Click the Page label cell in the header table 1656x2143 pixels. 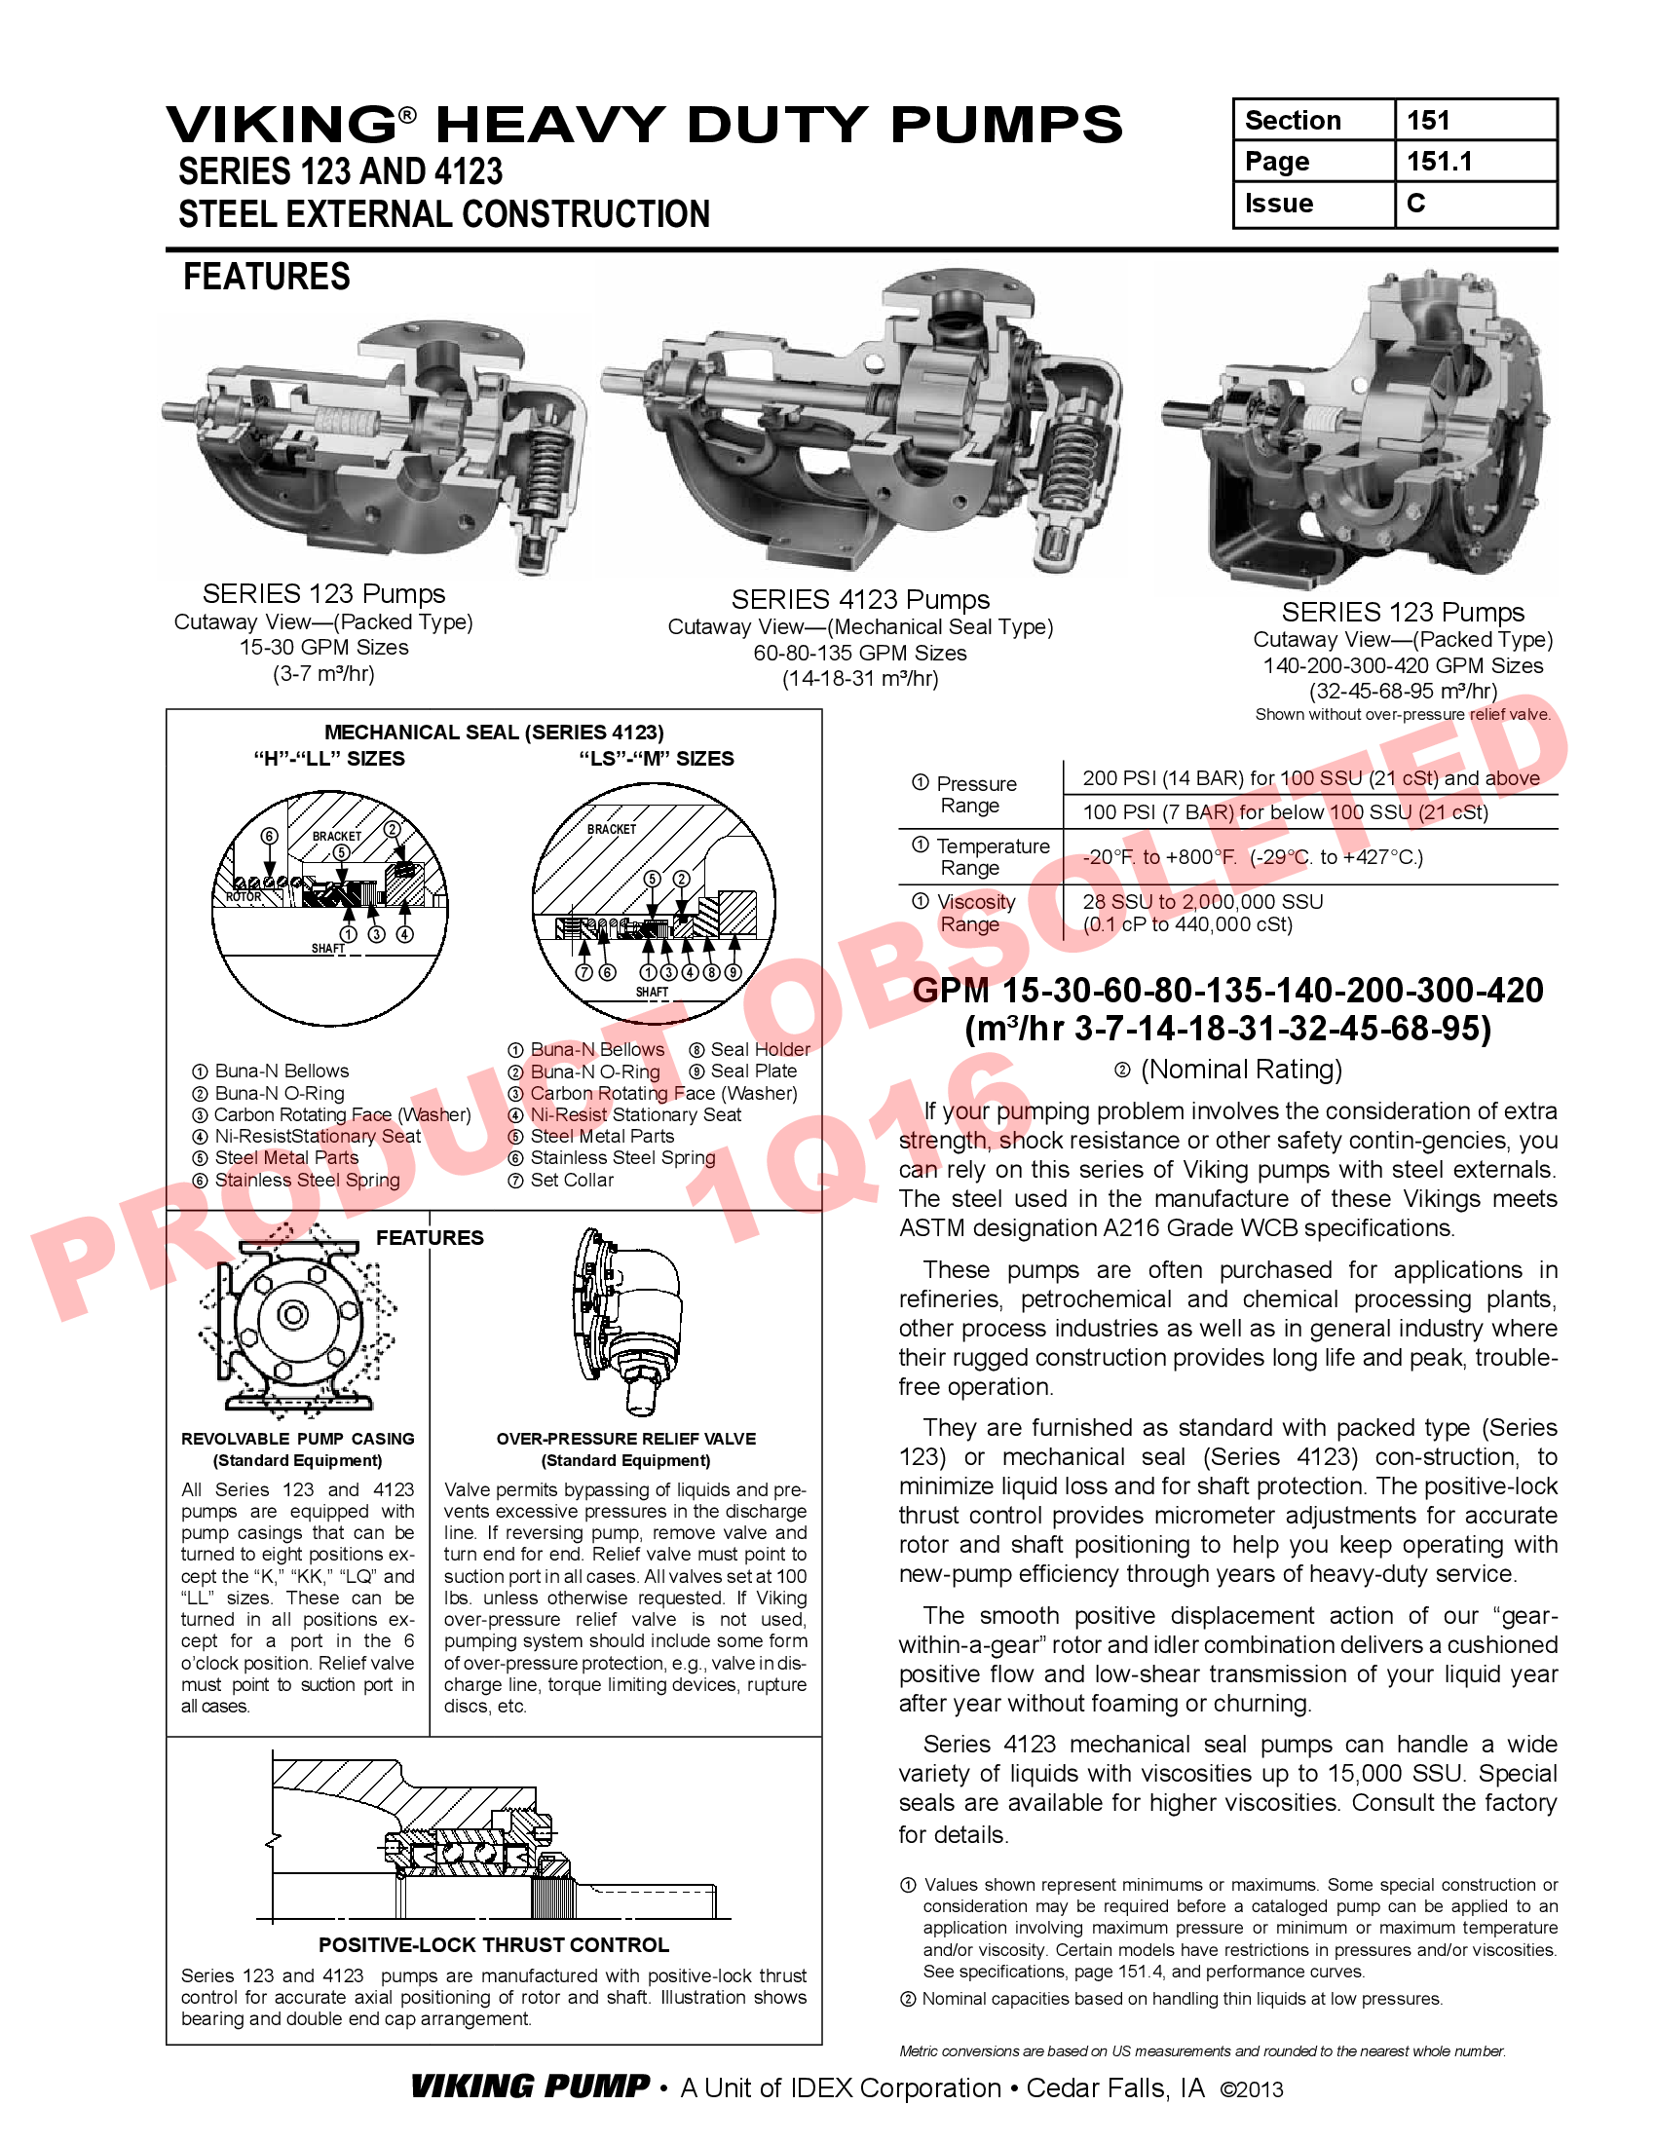click(1277, 161)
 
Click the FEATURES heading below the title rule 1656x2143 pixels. click(267, 277)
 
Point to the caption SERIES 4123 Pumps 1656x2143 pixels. click(860, 599)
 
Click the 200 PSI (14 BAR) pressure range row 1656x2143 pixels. click(1309, 778)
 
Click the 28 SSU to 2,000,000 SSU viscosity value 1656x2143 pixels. click(1203, 901)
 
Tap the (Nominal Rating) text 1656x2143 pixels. click(1240, 1069)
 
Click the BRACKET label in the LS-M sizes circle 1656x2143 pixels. click(611, 829)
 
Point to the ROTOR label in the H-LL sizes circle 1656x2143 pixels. click(244, 897)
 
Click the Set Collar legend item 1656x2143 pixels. click(571, 1180)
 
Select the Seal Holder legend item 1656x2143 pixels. click(760, 1049)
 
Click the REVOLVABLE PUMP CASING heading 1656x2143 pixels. click(297, 1439)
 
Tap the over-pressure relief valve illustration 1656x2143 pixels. click(626, 1315)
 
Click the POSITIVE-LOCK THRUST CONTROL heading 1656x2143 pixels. click(494, 1945)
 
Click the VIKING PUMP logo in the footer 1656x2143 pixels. click(530, 2087)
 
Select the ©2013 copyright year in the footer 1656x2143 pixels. click(1251, 2089)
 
